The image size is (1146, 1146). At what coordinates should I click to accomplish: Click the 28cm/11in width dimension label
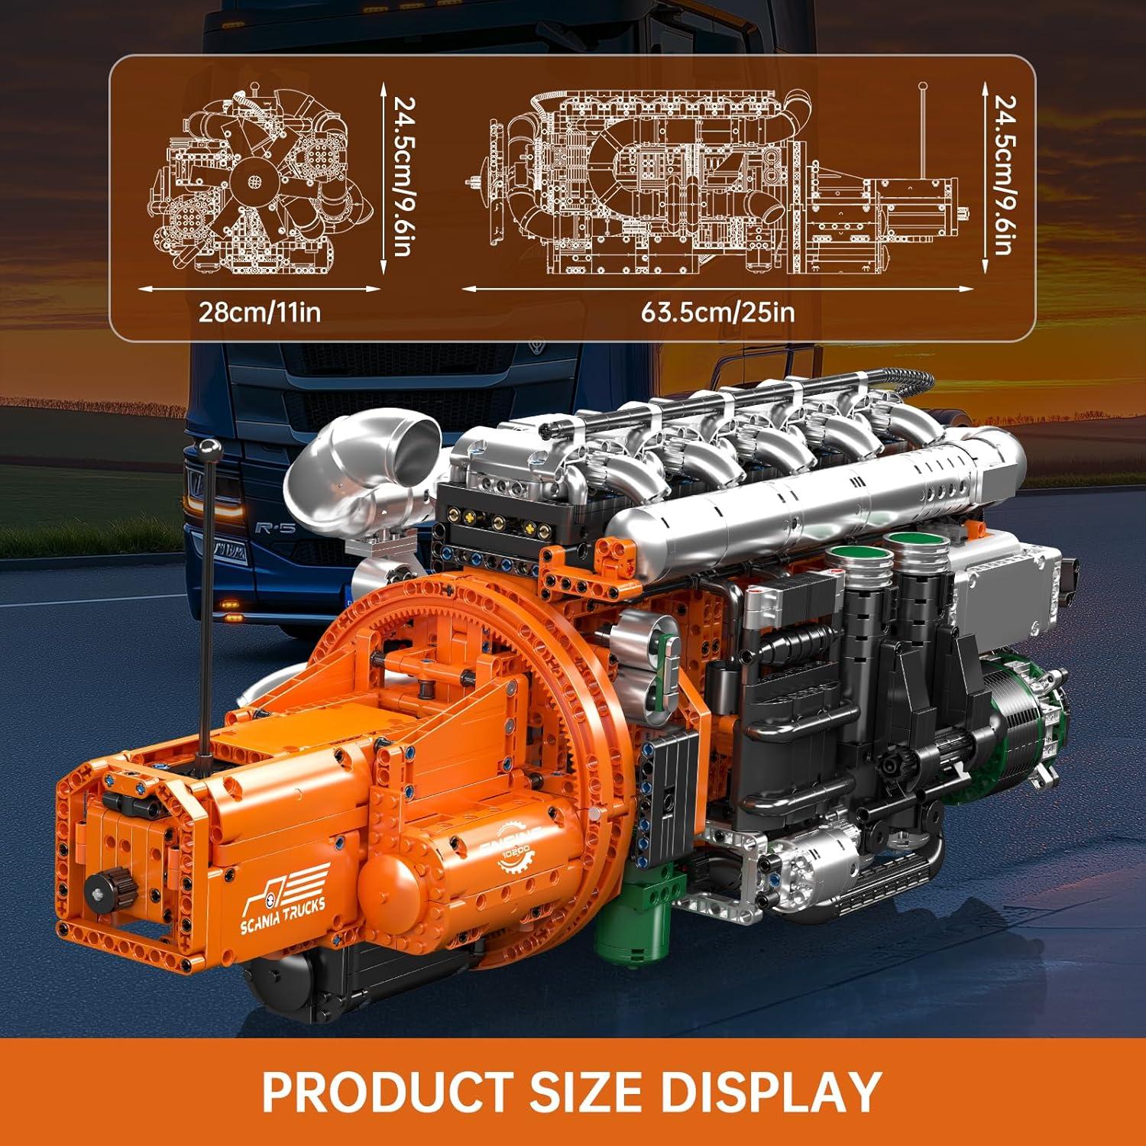click(x=260, y=312)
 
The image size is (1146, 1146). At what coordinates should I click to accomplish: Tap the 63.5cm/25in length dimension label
click(x=717, y=312)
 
